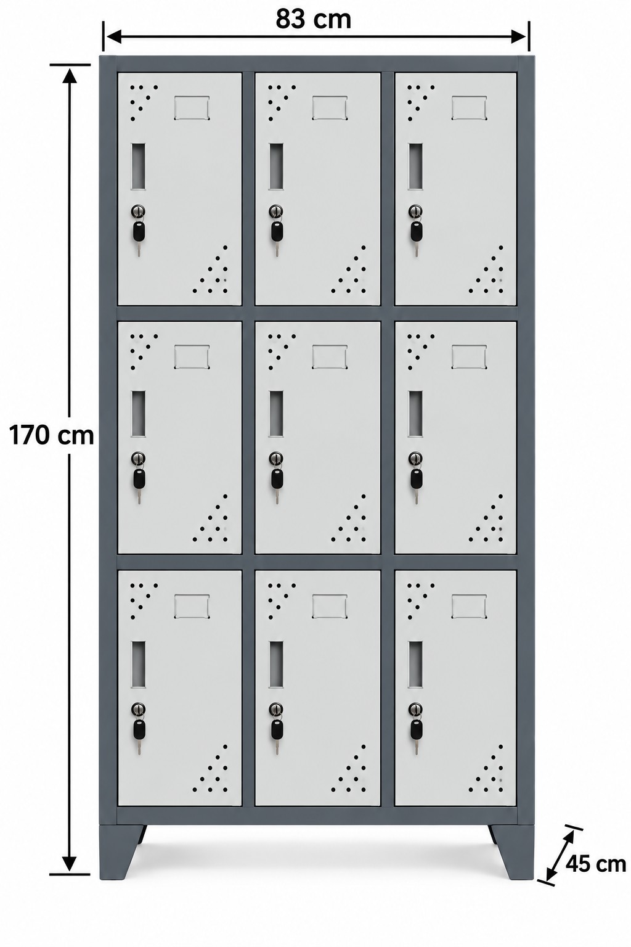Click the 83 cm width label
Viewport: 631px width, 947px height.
pyautogui.click(x=313, y=20)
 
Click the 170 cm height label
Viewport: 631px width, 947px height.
pyautogui.click(x=51, y=435)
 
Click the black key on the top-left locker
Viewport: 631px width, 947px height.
pyautogui.click(x=138, y=231)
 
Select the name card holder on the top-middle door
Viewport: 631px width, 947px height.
pyautogui.click(x=330, y=107)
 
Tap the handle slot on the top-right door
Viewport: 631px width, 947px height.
pyautogui.click(x=415, y=166)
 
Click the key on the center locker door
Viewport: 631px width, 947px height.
pyautogui.click(x=277, y=478)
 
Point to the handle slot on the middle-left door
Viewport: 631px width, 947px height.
pyautogui.click(x=138, y=414)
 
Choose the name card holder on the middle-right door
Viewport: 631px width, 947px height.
pyautogui.click(x=469, y=357)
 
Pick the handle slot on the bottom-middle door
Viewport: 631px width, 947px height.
pyautogui.click(x=277, y=664)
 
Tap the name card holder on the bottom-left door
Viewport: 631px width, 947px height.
pyautogui.click(x=192, y=606)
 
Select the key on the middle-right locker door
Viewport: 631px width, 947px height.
pyautogui.click(x=415, y=478)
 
